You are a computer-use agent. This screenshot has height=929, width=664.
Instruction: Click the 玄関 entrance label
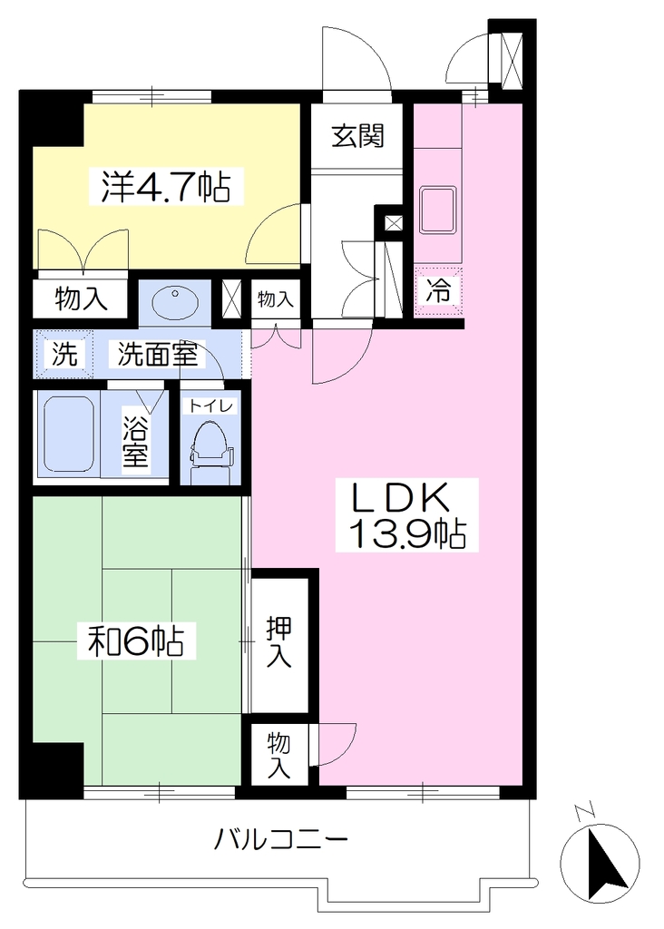[357, 136]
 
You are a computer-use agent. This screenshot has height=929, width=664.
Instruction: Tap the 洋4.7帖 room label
[166, 186]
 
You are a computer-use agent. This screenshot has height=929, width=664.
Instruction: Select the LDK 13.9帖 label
[407, 515]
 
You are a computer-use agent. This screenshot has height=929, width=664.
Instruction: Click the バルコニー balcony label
[280, 839]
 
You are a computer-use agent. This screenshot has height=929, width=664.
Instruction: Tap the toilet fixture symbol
[210, 449]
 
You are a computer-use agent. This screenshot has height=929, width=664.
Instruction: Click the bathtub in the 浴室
[69, 434]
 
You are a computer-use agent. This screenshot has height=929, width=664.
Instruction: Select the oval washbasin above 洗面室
[175, 302]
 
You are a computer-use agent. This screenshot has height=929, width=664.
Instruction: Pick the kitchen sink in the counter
[438, 210]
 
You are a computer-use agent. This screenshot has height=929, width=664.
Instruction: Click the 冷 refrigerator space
[438, 291]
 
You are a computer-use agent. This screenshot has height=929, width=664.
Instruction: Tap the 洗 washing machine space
[64, 354]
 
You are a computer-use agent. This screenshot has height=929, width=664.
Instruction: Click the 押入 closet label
[278, 641]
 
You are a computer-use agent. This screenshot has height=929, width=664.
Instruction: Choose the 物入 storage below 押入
[278, 755]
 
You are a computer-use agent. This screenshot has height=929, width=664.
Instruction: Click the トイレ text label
[212, 406]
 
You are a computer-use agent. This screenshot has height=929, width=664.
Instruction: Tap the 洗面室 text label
[157, 354]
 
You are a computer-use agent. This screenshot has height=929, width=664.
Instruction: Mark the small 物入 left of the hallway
[276, 299]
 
